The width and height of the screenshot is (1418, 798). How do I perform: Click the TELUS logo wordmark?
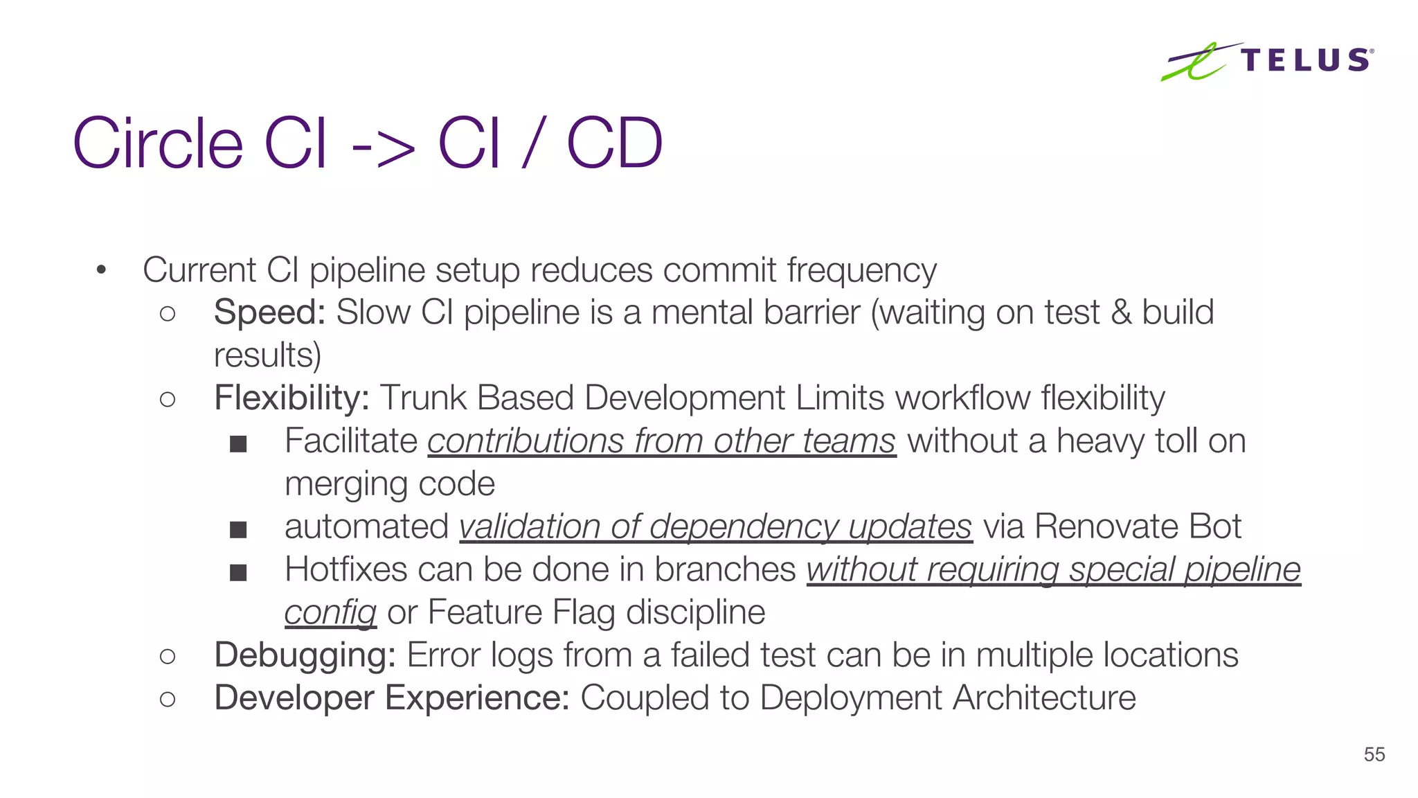point(1306,60)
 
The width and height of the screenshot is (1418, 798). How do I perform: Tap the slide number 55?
point(1374,754)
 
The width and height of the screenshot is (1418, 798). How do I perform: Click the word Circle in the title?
point(158,143)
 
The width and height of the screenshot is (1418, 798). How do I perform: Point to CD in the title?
point(614,143)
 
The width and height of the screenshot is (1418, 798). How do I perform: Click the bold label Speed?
point(269,312)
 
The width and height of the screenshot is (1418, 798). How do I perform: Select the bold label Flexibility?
point(291,398)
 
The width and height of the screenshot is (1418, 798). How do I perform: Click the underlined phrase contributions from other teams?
point(661,441)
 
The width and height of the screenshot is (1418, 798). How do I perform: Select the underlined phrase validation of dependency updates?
point(716,527)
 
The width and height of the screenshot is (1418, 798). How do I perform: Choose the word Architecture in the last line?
point(1044,698)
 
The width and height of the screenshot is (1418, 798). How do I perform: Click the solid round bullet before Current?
point(101,270)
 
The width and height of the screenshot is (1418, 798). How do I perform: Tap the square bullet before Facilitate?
point(238,443)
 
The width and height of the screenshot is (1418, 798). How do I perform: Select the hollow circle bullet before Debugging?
point(168,656)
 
